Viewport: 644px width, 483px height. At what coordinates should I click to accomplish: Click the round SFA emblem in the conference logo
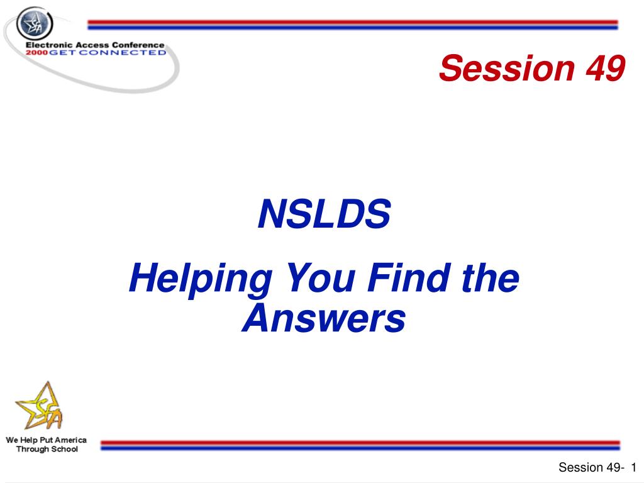pyautogui.click(x=35, y=23)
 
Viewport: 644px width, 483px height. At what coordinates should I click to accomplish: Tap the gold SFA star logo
pyautogui.click(x=40, y=406)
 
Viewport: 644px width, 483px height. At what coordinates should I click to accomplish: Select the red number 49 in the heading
pyautogui.click(x=606, y=68)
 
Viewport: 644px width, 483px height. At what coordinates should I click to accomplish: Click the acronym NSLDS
pyautogui.click(x=325, y=214)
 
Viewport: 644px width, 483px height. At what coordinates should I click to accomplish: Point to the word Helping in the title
pyautogui.click(x=201, y=279)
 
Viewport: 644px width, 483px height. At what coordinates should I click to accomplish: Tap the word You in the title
pyautogui.click(x=321, y=278)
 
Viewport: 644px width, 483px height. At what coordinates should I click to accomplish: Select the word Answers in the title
pyautogui.click(x=324, y=318)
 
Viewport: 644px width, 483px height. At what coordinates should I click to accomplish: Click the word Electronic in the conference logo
pyautogui.click(x=49, y=45)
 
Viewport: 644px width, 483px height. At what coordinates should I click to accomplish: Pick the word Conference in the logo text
pyautogui.click(x=138, y=45)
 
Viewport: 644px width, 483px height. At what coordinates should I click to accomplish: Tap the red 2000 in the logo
pyautogui.click(x=36, y=53)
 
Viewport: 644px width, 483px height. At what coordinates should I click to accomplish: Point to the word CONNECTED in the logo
pyautogui.click(x=123, y=53)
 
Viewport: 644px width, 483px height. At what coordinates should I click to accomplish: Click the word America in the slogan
pyautogui.click(x=70, y=440)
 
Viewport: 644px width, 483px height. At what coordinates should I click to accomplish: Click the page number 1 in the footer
pyautogui.click(x=634, y=467)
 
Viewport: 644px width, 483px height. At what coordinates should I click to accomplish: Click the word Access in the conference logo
pyautogui.click(x=92, y=45)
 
